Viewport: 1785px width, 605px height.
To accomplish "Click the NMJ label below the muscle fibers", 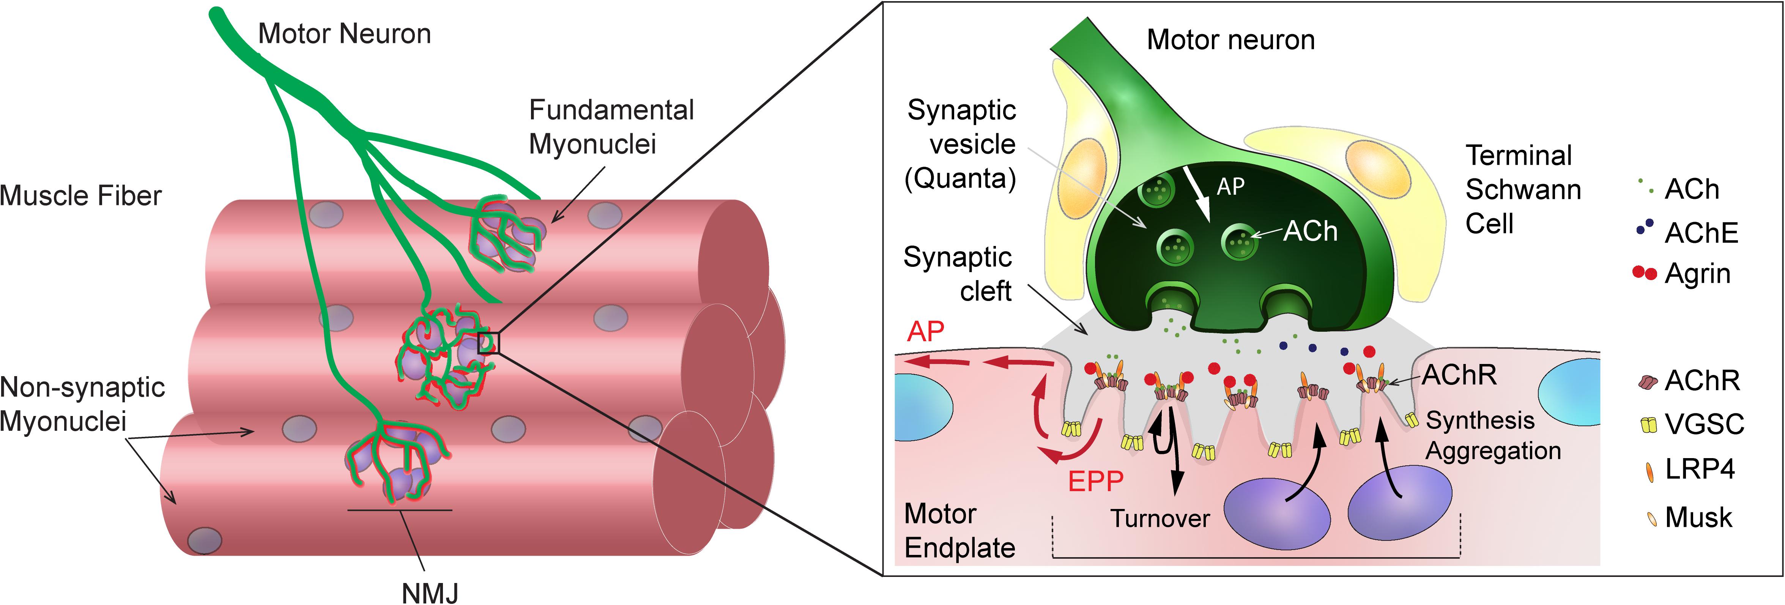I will [430, 592].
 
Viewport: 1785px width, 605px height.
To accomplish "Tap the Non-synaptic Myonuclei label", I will [82, 404].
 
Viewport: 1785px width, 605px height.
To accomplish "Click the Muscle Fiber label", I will [80, 196].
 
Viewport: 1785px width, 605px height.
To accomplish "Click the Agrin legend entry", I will [1684, 274].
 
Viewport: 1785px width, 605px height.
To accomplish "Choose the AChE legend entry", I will [1688, 232].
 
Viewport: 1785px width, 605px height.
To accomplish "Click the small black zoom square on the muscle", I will [488, 342].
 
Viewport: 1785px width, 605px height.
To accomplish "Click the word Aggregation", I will [1493, 451].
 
